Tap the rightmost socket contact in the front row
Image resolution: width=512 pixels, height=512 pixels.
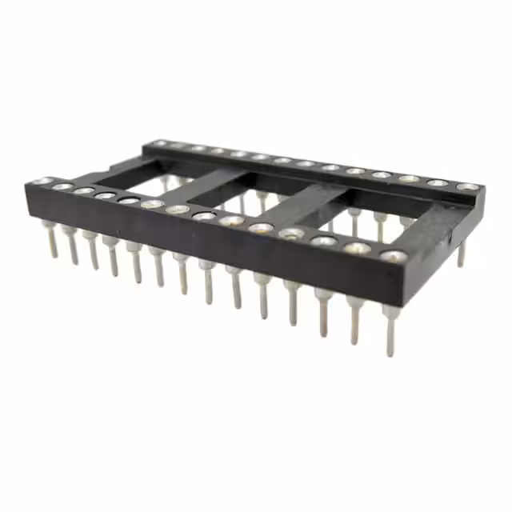pos(393,257)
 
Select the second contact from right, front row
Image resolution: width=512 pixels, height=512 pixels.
pos(357,248)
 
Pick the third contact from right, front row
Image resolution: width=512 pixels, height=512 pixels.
pos(324,241)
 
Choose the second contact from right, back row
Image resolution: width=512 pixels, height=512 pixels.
pos(438,183)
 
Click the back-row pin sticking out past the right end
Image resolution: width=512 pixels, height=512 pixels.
pos(461,254)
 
